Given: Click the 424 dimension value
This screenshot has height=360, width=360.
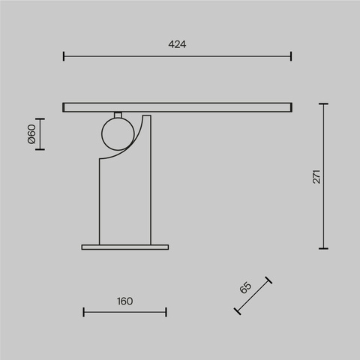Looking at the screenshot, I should coord(177,44).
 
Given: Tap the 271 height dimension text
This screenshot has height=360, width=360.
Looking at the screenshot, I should coord(316,176).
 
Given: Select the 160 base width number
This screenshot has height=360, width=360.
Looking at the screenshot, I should coord(124,301).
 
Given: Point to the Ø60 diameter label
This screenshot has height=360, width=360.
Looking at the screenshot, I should coord(31,134).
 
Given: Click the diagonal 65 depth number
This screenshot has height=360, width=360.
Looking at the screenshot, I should coord(245,288).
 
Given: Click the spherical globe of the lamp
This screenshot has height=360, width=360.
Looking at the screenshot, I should coord(116,134).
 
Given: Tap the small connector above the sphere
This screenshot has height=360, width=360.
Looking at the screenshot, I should coord(117,115).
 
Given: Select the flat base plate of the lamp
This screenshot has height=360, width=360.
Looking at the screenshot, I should coord(124,245).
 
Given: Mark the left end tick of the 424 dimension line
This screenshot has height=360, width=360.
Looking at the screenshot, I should coord(64,55).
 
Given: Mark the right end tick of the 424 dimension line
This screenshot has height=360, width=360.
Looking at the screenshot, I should coord(291,55).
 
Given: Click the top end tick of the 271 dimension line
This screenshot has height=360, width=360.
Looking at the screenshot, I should coord(324,104).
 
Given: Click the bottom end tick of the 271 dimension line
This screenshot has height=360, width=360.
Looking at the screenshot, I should coord(324,248).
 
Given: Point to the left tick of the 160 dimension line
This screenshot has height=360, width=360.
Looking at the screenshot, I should coord(82,312).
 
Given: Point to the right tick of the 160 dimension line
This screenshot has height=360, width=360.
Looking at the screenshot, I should coord(166,312).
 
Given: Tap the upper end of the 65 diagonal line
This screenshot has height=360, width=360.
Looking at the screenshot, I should coord(268,280).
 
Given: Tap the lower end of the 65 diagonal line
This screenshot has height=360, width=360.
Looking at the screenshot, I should coord(237,310).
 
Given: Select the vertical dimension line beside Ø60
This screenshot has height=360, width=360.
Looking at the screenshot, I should coord(40,134).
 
